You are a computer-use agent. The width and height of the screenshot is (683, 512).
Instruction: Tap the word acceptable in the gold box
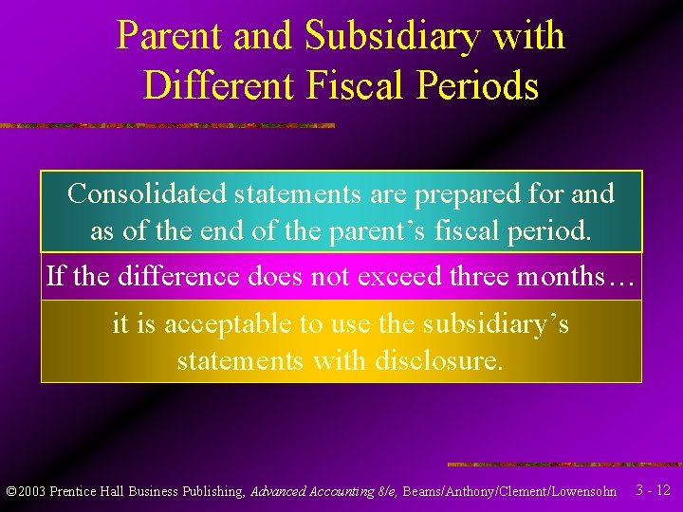coord(227,324)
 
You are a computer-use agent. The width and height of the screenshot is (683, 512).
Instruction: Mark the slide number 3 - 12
coord(653,490)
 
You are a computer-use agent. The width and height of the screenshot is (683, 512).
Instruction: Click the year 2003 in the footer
coord(32,491)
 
